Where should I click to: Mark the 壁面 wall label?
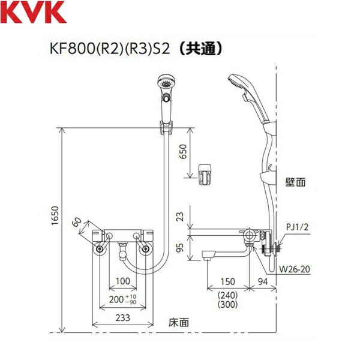coord(296,179)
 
